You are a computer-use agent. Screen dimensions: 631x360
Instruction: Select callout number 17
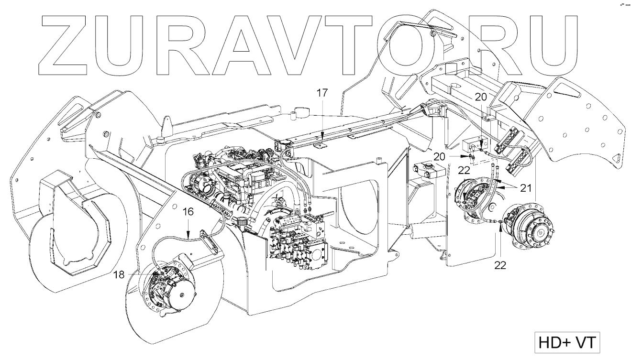click(x=322, y=93)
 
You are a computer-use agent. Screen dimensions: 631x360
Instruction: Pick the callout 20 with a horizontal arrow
click(x=443, y=156)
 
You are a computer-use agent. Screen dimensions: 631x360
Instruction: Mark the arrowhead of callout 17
click(x=322, y=138)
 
